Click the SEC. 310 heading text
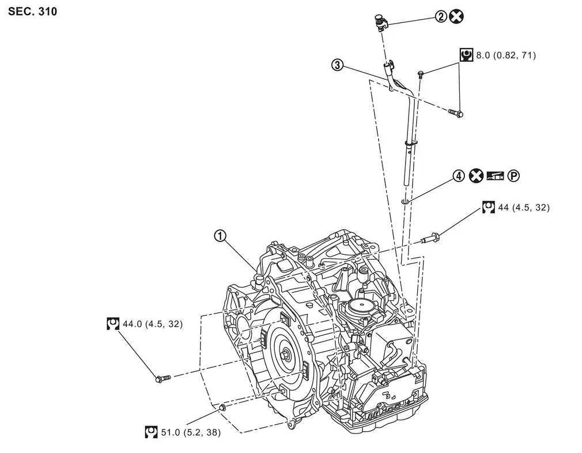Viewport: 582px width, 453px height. pos(33,11)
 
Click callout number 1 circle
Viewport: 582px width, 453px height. pos(220,235)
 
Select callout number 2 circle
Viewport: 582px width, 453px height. pos(441,17)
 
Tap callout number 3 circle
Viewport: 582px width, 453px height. pos(338,65)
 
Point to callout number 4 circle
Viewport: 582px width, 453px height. pos(458,176)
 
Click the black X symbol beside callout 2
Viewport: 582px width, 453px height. pos(456,17)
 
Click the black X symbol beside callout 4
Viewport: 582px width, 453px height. pos(475,176)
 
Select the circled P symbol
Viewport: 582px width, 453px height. pos(513,176)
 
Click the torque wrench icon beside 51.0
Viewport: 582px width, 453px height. pos(152,432)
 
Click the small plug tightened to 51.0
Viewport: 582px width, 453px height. pos(221,408)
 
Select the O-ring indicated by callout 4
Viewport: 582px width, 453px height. pos(406,201)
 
